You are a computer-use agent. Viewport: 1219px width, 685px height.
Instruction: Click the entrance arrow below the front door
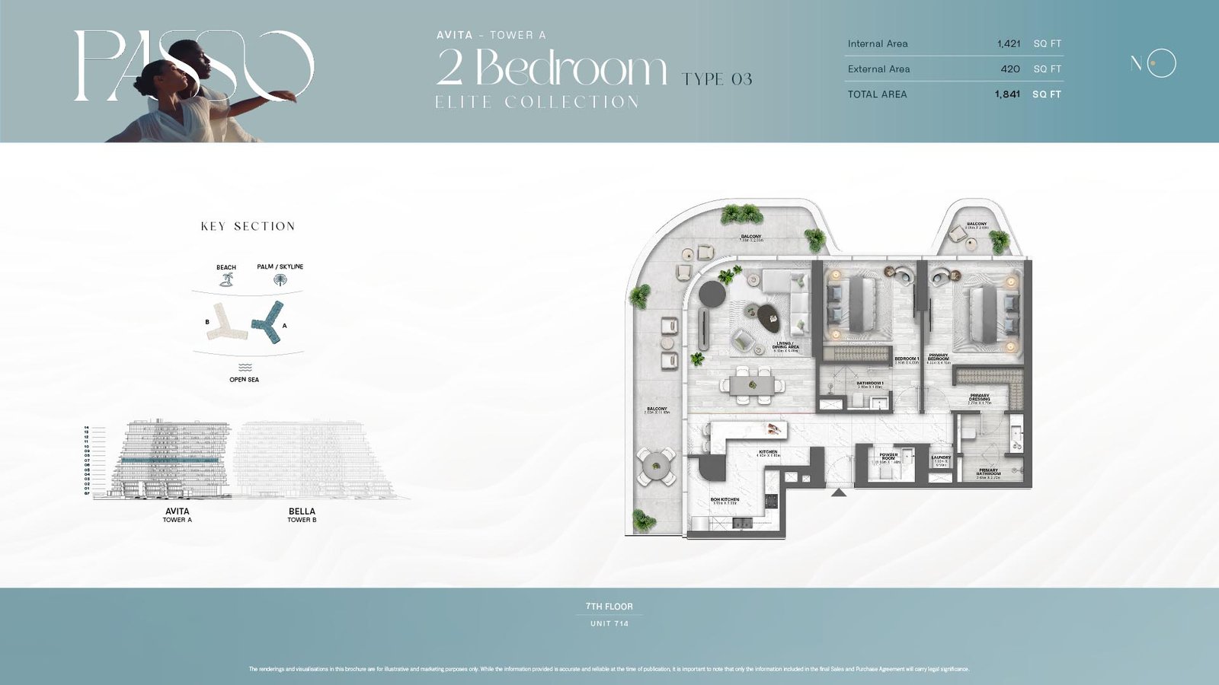click(839, 493)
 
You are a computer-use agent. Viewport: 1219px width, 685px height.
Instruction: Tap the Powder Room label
click(888, 457)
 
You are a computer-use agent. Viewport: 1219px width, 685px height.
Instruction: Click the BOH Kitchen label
click(725, 501)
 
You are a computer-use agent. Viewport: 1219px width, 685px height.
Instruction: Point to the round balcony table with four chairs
click(656, 466)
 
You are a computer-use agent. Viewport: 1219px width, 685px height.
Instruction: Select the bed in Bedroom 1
click(865, 304)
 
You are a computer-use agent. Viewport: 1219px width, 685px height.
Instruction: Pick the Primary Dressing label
click(979, 398)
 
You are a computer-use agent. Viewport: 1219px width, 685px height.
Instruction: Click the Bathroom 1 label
click(869, 384)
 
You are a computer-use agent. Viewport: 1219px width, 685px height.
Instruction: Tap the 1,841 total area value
click(1006, 94)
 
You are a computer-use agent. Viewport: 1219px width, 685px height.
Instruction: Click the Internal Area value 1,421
click(1008, 44)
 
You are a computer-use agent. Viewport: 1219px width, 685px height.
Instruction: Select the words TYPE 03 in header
click(717, 79)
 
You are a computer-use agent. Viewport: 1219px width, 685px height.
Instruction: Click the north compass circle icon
click(1162, 63)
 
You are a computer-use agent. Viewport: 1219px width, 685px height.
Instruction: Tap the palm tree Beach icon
click(226, 280)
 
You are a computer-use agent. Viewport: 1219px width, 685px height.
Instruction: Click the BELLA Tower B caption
click(302, 515)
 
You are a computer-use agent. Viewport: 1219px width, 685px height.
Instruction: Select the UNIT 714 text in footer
click(609, 623)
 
